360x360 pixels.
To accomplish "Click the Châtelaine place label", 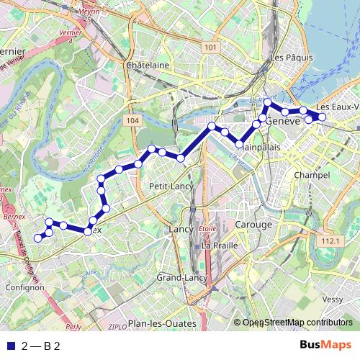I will coord(147,65).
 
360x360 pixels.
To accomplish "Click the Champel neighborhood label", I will coord(312,175).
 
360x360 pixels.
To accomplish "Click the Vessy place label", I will coord(333,299).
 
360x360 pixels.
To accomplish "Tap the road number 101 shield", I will coord(210,48).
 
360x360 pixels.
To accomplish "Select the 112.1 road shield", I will coord(330,240).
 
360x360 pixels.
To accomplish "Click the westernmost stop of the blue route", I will coord(38,238).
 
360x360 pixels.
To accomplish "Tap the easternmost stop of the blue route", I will coord(323,117).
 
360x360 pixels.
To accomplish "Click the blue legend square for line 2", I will coord(9,346).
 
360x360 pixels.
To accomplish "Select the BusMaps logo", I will coord(325,346).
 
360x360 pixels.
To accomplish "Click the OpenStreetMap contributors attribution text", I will coord(297,323).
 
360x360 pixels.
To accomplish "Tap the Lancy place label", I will coord(180,229).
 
